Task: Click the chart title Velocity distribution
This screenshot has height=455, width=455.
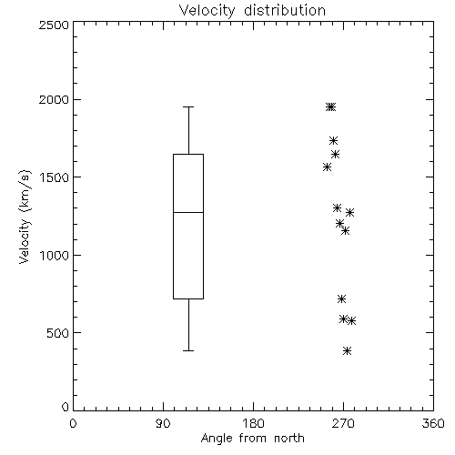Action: pos(252,11)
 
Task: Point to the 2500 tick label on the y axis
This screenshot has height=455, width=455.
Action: pos(54,25)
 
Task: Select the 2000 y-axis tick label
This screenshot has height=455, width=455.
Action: pos(54,99)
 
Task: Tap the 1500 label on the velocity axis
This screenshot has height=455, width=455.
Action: pos(55,177)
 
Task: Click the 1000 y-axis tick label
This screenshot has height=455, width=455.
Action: pos(55,256)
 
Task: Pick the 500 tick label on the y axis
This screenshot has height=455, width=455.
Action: pos(58,333)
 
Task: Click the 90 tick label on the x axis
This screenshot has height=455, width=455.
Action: pos(163,423)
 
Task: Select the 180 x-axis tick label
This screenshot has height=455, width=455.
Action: pos(253,423)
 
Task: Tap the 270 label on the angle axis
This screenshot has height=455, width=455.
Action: pos(343,423)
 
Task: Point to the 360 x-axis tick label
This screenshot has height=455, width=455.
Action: pos(433,423)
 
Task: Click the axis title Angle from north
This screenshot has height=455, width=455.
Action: pos(253,439)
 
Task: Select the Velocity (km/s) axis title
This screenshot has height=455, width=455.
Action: pos(25,217)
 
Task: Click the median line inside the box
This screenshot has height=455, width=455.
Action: pos(188,212)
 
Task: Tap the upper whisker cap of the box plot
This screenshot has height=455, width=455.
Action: pos(188,106)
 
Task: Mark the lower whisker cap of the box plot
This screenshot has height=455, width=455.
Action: pos(188,350)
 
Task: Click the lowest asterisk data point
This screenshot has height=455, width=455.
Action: pos(348,351)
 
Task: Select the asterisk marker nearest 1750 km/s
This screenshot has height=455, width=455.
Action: pos(334,140)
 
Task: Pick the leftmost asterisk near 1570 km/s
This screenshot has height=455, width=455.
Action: pos(327,167)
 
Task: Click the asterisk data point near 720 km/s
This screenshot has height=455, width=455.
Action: pos(342,298)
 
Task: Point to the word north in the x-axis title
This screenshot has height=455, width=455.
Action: pos(289,438)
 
